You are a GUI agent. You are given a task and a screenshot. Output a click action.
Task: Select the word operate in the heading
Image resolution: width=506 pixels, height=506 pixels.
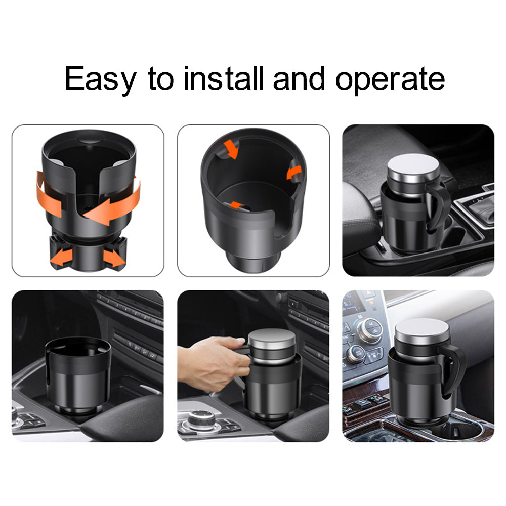[390, 79]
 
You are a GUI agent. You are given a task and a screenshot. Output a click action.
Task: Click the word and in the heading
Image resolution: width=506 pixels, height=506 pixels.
[299, 78]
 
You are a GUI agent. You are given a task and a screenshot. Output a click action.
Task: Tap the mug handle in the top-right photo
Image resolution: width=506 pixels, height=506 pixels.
[438, 206]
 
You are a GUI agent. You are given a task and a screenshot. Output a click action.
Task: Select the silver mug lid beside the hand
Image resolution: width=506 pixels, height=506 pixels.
[272, 342]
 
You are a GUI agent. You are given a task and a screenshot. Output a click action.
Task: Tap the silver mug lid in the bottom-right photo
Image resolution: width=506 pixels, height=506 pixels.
[422, 332]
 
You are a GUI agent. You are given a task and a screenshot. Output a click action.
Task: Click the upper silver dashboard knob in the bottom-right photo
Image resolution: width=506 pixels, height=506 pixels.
[371, 330]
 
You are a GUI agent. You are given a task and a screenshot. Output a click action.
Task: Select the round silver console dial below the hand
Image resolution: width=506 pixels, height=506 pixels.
[202, 419]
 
